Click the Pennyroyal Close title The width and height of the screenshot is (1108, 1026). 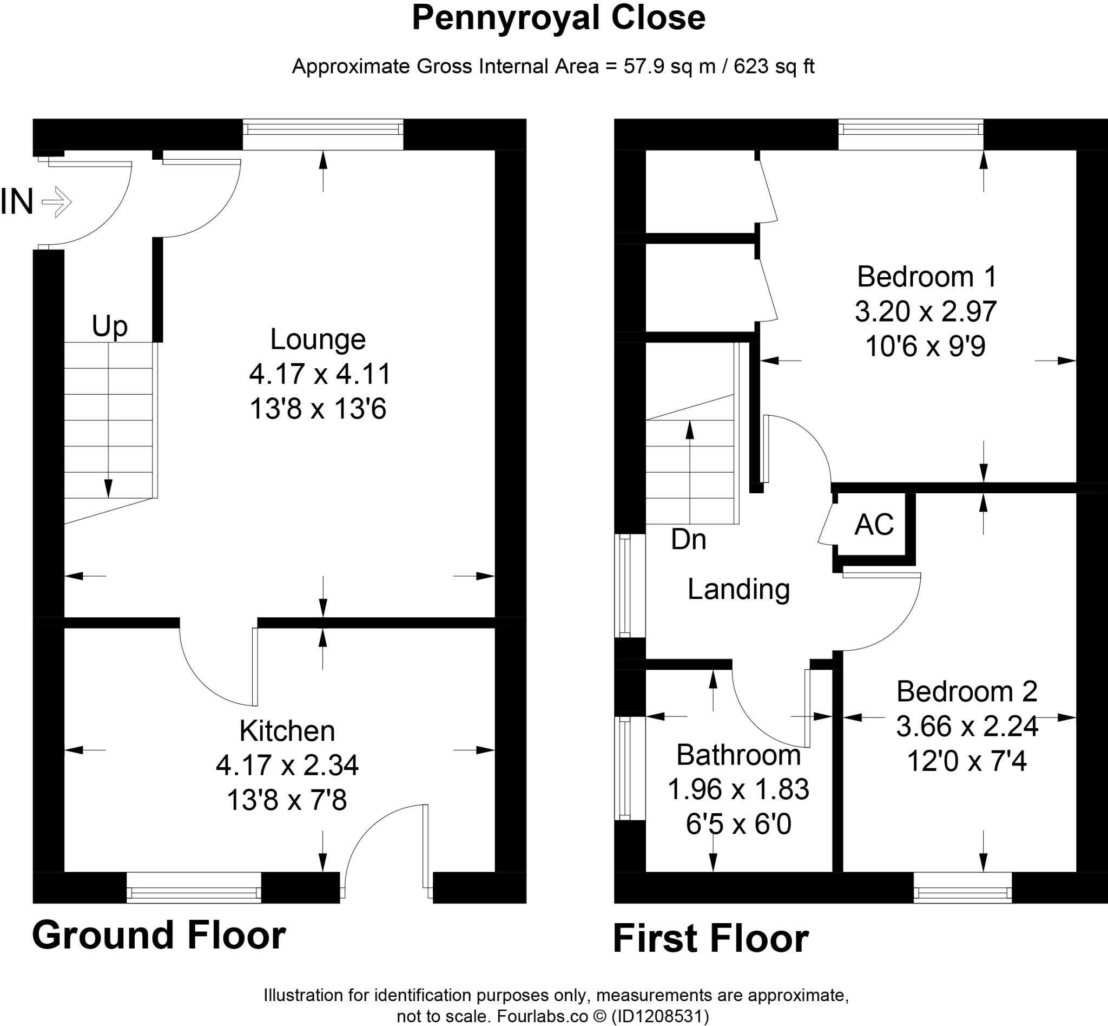pos(558,18)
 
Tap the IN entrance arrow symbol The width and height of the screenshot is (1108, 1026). pos(57,202)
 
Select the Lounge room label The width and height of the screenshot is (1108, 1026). pos(318,339)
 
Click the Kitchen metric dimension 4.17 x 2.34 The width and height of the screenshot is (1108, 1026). pos(287,765)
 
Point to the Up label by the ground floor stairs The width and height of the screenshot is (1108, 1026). pos(109,326)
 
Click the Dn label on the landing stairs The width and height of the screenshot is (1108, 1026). pos(688,539)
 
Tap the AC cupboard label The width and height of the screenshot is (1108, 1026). pos(874,524)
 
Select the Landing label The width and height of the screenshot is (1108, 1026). pos(738,589)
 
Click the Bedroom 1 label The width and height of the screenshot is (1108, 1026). pos(926,277)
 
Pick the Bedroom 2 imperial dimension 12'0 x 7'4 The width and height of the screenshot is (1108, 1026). pos(966,761)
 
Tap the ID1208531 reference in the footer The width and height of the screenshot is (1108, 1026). pos(659,1017)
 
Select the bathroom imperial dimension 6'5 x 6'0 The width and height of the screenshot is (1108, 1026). pos(738,825)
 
